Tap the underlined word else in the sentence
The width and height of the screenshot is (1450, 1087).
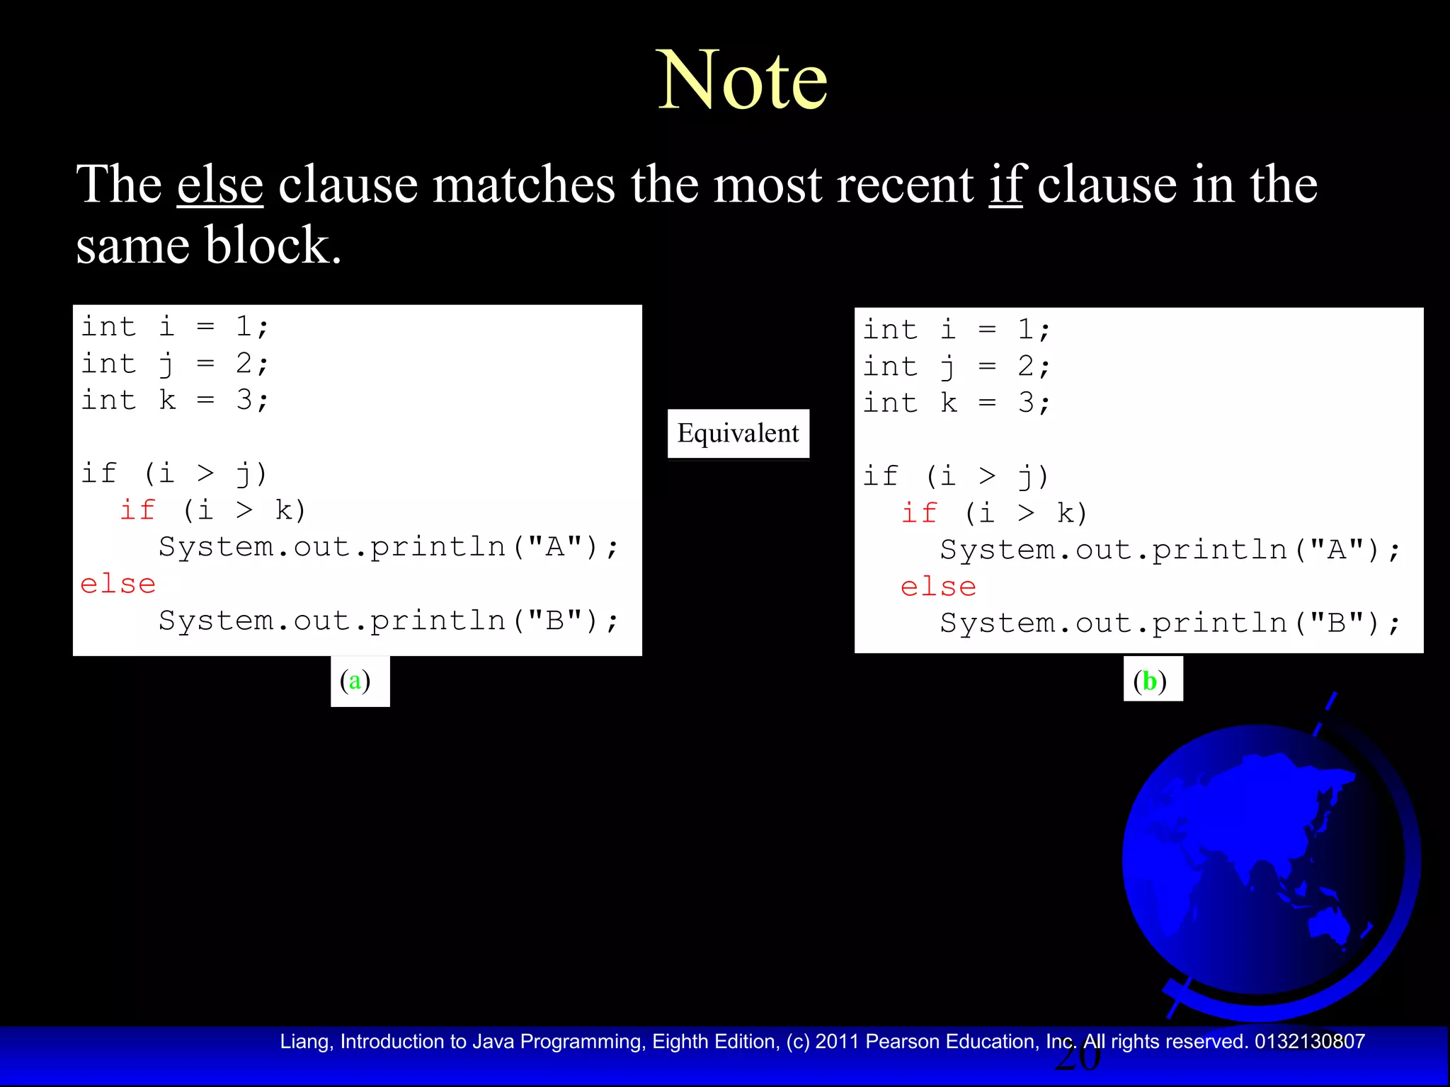coord(220,185)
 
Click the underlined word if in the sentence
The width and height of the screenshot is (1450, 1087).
coord(1006,185)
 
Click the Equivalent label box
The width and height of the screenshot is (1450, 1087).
coord(738,433)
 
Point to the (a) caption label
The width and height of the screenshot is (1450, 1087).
coord(360,681)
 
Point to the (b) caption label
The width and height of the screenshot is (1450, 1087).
coord(1153,681)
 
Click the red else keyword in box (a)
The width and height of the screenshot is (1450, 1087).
coord(118,585)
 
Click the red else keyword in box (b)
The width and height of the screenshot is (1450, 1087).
coord(938,587)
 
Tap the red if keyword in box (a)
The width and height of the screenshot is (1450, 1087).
coord(137,510)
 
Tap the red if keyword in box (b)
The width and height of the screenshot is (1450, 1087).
coord(919,513)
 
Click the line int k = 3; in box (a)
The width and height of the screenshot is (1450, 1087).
coord(175,401)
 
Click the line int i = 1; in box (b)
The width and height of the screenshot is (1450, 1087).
coord(956,330)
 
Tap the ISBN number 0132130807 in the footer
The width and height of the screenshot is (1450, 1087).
coord(1309,1042)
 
